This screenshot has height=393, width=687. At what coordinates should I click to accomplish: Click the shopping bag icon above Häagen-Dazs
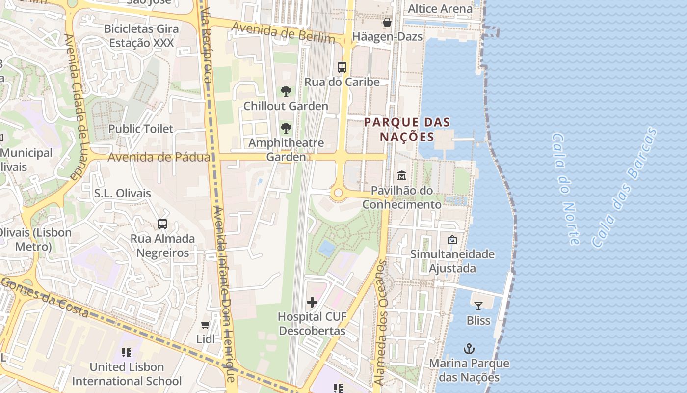coord(387,22)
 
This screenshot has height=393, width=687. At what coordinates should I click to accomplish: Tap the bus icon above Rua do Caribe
coord(342,67)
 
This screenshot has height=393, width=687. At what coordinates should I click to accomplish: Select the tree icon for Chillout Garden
coord(286,91)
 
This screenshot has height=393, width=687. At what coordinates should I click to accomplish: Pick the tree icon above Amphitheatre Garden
coord(286,129)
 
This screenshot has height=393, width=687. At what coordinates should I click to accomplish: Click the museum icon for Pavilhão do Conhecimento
coord(402,175)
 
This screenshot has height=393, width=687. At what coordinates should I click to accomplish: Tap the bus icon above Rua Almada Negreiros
coord(162,224)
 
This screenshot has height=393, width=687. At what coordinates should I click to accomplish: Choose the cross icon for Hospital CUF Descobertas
coord(312,302)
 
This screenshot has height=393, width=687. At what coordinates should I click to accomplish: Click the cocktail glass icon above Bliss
coord(478,306)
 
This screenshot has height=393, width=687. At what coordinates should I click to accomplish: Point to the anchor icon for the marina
coord(469,349)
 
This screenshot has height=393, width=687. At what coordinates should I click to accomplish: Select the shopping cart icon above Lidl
coord(206,325)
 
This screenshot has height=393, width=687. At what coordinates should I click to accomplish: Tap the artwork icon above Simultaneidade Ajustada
coord(452,240)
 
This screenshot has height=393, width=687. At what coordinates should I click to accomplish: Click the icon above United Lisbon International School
coord(127,353)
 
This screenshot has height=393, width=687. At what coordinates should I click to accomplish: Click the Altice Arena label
coord(440,9)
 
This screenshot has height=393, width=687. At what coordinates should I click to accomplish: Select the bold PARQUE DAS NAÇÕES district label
coord(407,129)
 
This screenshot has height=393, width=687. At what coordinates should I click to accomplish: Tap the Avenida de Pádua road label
coord(159,157)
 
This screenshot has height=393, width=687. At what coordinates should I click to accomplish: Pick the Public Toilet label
coord(140,129)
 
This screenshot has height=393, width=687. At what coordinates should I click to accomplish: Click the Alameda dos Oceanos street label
coord(381,322)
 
